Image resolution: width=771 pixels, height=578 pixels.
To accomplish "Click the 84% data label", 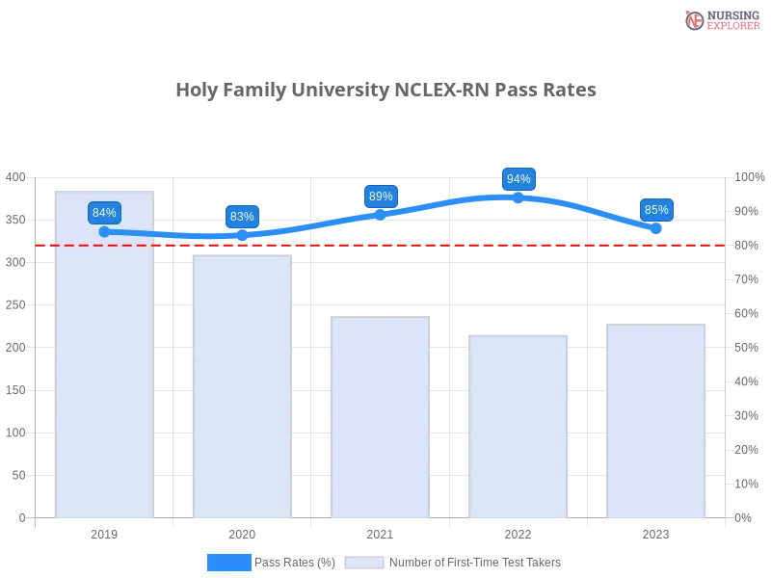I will pyautogui.click(x=104, y=213).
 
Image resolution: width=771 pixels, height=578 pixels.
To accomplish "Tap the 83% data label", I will pyautogui.click(x=242, y=216).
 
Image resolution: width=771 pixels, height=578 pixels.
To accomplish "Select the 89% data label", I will pyautogui.click(x=381, y=197).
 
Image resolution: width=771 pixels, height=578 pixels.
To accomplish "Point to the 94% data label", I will pyautogui.click(x=518, y=179).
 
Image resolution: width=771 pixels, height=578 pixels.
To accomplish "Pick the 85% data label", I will pyautogui.click(x=656, y=209).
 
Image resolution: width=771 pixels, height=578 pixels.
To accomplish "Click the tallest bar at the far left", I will pyautogui.click(x=104, y=366).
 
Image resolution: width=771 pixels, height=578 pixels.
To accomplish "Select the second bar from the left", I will pyautogui.click(x=239, y=385).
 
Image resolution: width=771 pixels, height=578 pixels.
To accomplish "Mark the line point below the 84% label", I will pyautogui.click(x=104, y=231).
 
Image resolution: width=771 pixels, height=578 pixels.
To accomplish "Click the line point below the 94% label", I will pyautogui.click(x=518, y=197).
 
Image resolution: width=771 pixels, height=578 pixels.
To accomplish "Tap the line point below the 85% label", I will pyautogui.click(x=655, y=228).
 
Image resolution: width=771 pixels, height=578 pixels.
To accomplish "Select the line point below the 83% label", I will pyautogui.click(x=242, y=235).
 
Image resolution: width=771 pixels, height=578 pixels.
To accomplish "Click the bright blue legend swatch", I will pyautogui.click(x=228, y=562).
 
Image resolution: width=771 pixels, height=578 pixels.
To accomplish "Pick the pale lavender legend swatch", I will pyautogui.click(x=364, y=563).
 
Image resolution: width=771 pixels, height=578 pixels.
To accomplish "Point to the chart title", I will pyautogui.click(x=385, y=91).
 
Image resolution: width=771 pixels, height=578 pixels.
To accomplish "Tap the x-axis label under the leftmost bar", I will pyautogui.click(x=104, y=533).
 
